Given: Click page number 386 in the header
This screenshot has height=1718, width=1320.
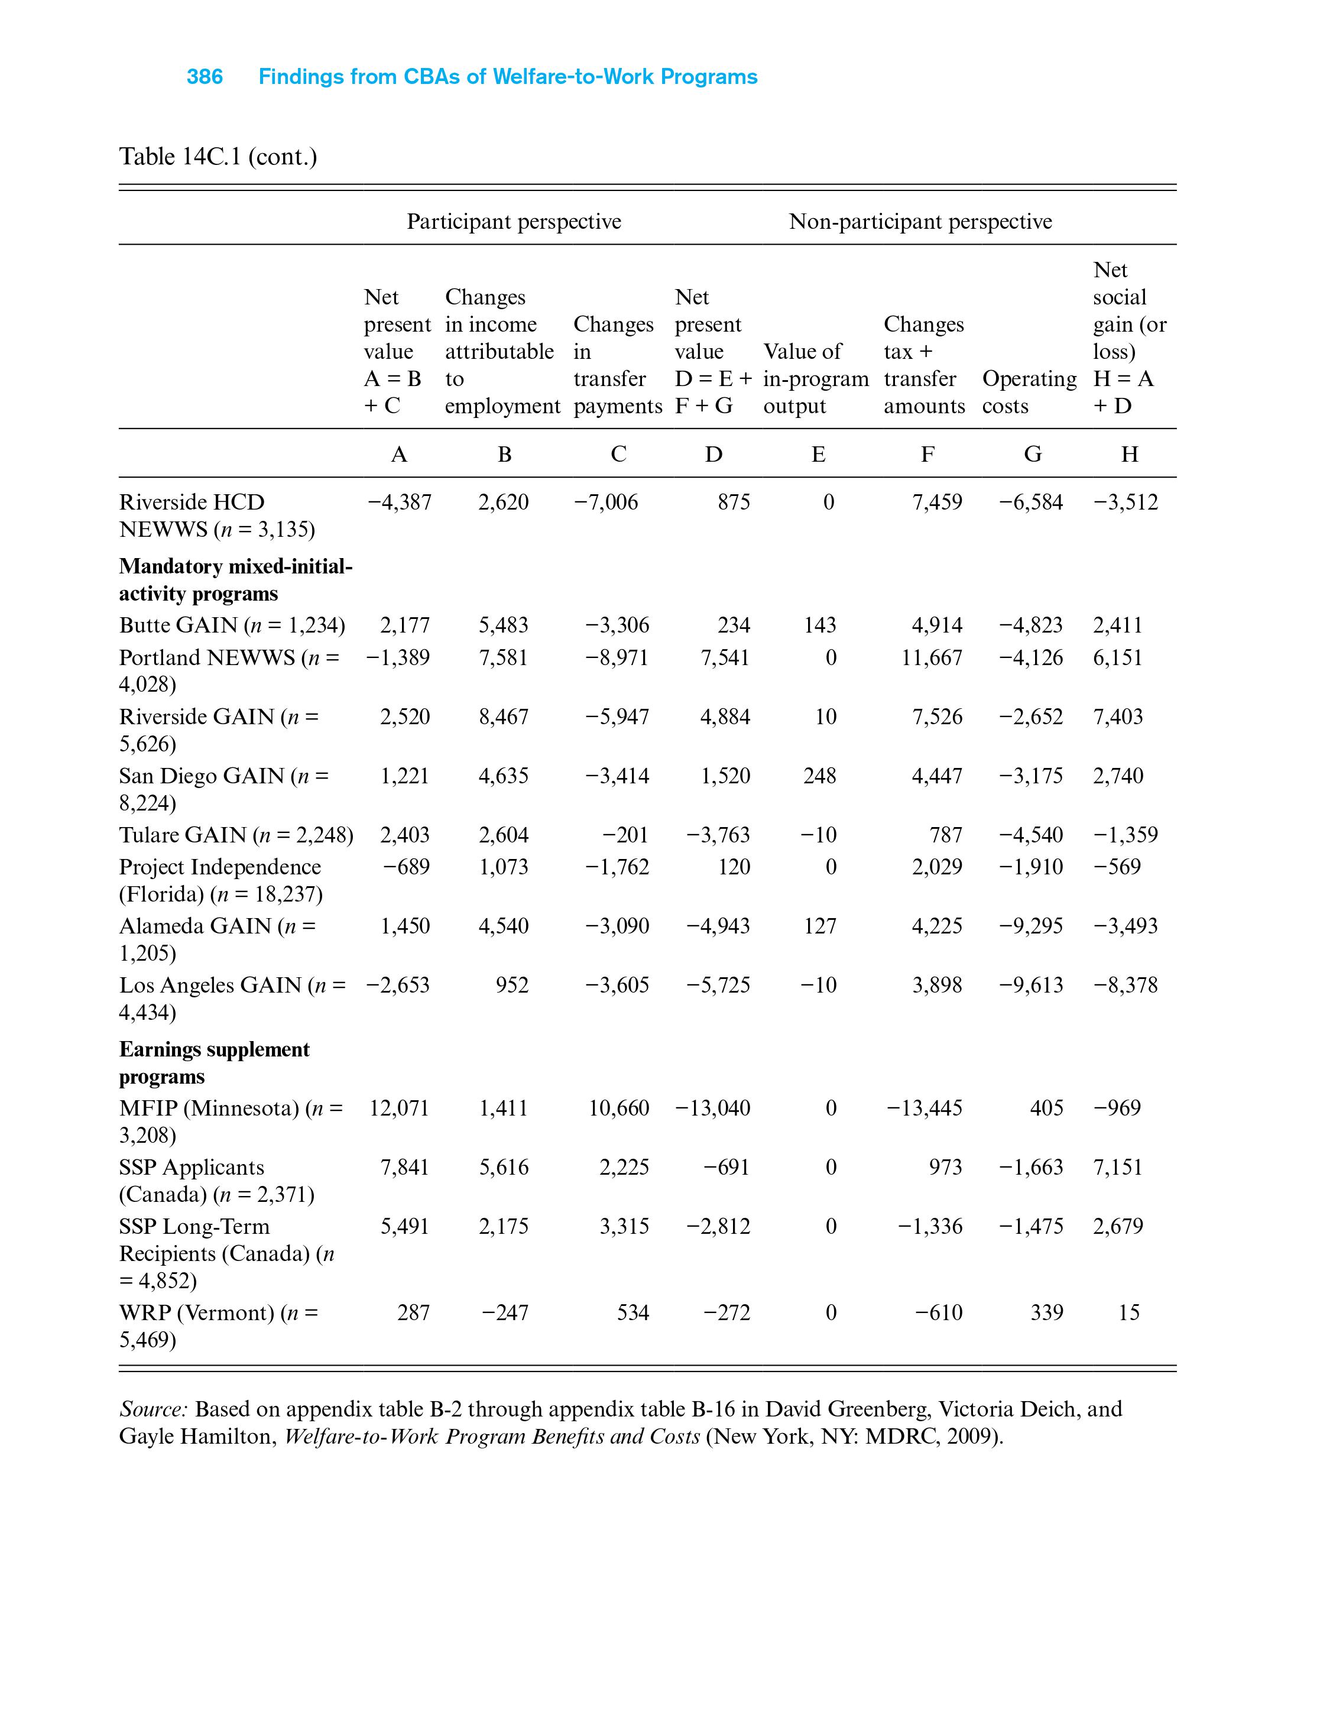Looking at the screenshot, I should click(x=205, y=77).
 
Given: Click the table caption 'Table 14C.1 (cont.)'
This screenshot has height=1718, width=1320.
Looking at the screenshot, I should click(x=218, y=157).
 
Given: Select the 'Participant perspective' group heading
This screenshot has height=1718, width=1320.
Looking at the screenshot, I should click(x=513, y=222).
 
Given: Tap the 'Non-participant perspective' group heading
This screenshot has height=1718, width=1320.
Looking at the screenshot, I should click(x=919, y=222).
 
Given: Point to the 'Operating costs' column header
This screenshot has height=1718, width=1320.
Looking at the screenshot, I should click(x=1029, y=392).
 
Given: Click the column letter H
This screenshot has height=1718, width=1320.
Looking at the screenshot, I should click(x=1129, y=454).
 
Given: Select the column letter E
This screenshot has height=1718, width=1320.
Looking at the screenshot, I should click(x=818, y=454).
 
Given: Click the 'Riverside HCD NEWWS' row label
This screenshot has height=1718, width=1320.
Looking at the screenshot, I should click(x=217, y=516).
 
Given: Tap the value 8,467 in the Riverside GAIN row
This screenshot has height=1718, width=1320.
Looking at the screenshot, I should click(x=504, y=717).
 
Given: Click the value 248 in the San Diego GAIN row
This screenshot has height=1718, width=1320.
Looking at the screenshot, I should click(x=819, y=776).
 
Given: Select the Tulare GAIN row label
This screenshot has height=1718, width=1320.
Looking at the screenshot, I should click(x=236, y=835).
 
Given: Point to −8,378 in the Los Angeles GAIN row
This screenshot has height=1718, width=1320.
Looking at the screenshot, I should click(x=1125, y=985).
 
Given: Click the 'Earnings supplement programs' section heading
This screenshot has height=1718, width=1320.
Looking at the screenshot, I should click(x=214, y=1062).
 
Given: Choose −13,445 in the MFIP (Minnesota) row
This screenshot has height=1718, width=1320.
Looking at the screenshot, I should click(x=924, y=1108).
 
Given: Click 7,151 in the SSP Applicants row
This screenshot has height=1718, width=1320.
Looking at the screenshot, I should click(x=1117, y=1167).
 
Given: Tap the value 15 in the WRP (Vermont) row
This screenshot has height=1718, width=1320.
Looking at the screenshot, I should click(x=1128, y=1312).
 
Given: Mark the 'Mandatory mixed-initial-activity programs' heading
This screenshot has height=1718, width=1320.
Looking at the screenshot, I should click(x=235, y=580).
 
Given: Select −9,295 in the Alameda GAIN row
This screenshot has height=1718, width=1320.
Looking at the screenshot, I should click(x=1030, y=926).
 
